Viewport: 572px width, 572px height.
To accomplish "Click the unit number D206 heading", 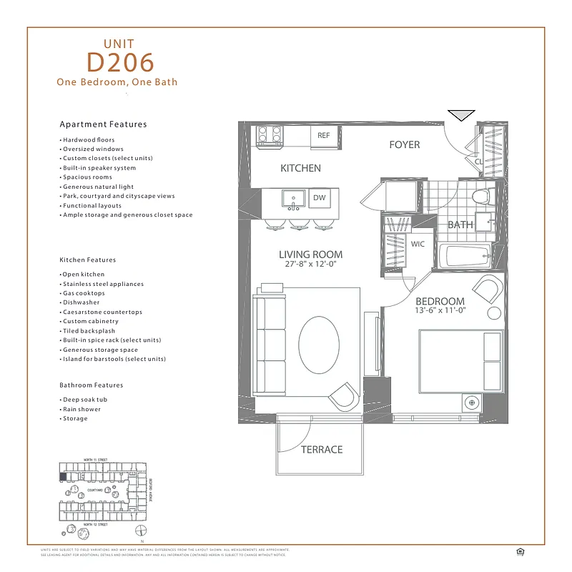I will (x=120, y=62).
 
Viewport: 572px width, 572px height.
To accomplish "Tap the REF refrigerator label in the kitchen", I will (x=324, y=135).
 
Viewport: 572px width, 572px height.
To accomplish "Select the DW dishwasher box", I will (x=319, y=198).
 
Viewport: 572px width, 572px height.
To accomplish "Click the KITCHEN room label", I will (x=300, y=169).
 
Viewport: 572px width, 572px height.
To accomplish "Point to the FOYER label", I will (x=404, y=145).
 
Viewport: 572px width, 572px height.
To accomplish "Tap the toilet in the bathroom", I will (x=480, y=194).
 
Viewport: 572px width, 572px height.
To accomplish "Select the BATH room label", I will (x=460, y=225).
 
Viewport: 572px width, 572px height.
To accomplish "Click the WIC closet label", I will (x=418, y=244).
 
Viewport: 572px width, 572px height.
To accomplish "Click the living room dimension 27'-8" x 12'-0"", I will (x=310, y=265).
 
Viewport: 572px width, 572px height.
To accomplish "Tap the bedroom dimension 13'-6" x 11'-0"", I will (x=440, y=311).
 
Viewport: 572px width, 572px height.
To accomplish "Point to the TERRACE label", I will (x=321, y=450).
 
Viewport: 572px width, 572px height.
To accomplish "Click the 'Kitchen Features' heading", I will (x=87, y=260).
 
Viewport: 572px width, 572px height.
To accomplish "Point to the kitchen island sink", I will (x=293, y=198).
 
